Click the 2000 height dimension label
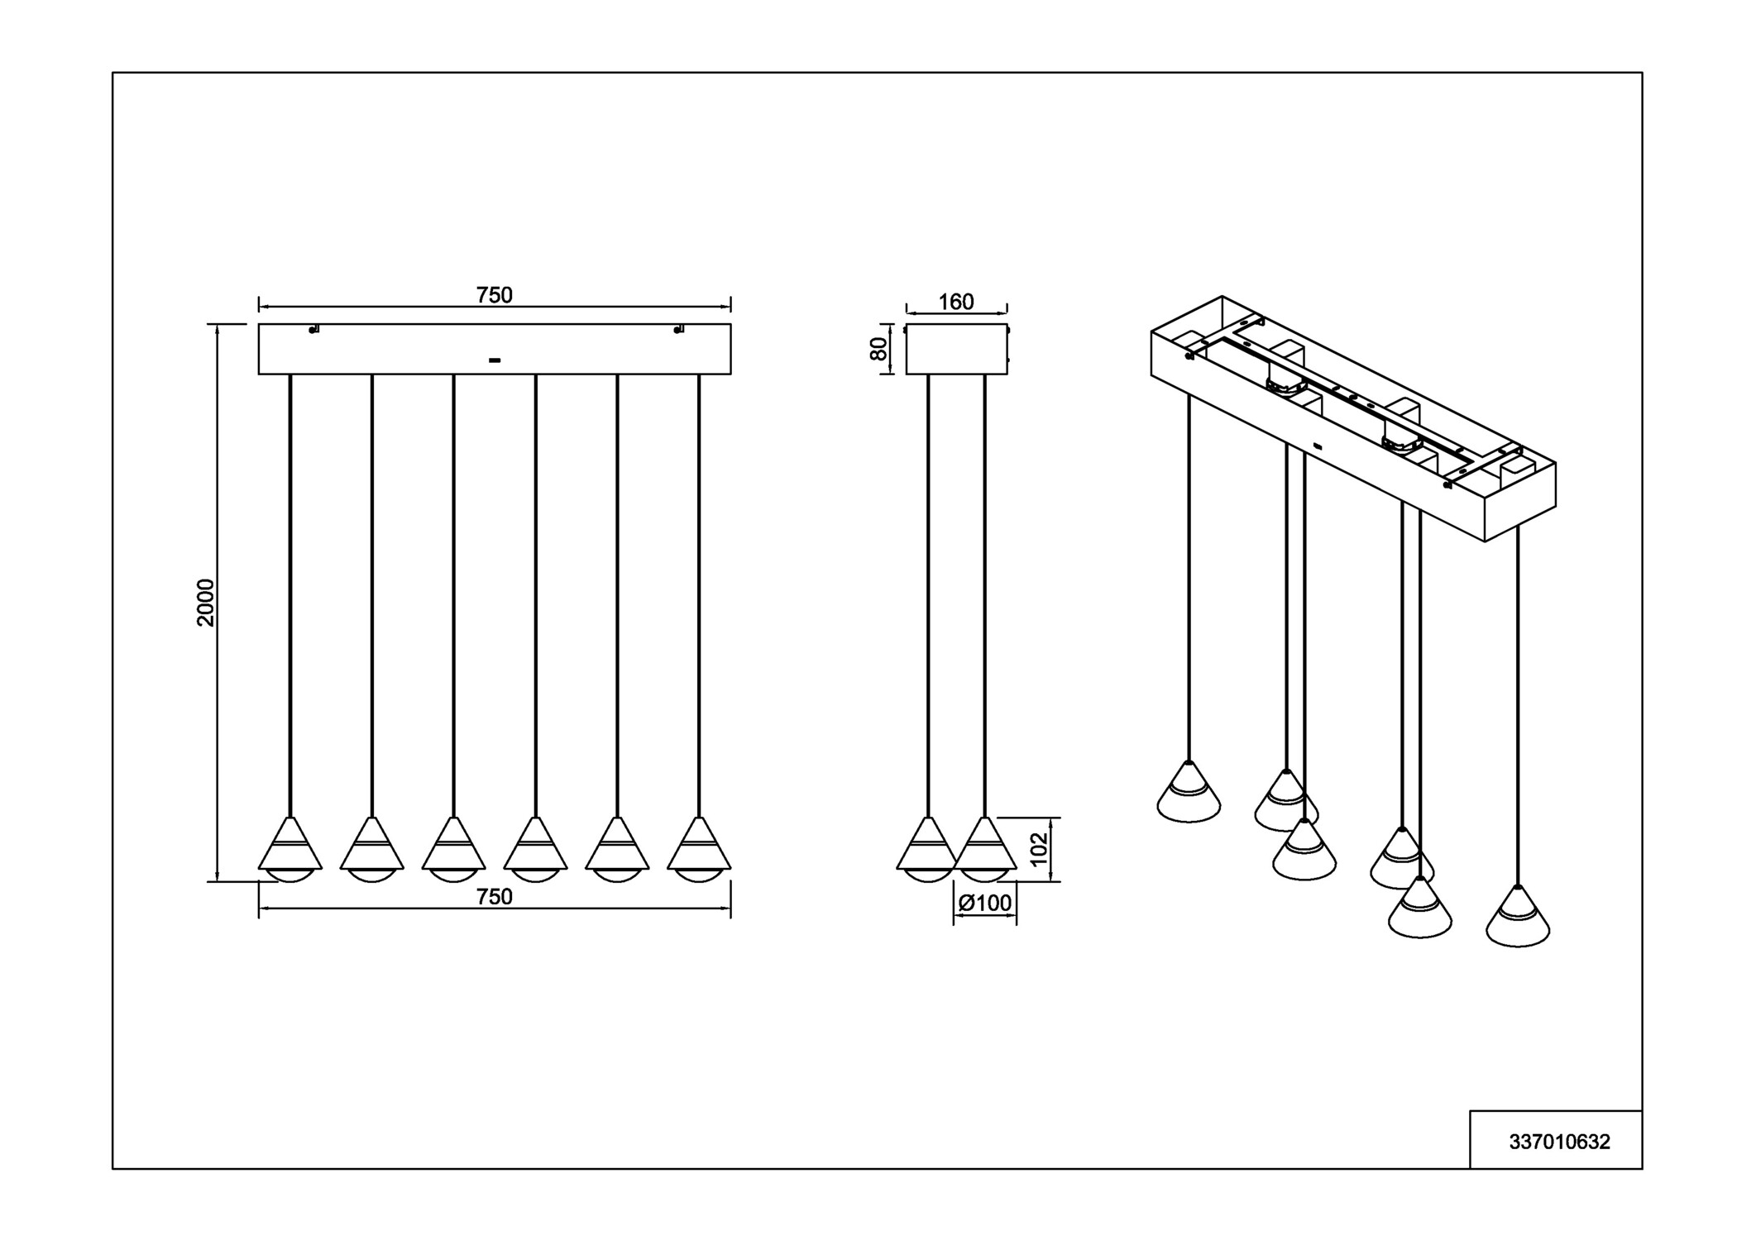(205, 603)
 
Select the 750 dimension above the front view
(494, 295)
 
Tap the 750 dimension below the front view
(494, 897)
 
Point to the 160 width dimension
(955, 303)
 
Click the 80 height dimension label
(878, 349)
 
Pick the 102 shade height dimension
(1039, 849)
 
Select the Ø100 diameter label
(984, 904)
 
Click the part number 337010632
(1559, 1142)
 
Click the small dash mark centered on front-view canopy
(495, 360)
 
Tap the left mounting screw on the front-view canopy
(313, 330)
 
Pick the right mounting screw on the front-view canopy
(678, 330)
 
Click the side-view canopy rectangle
(956, 350)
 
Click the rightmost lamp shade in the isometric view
(1518, 918)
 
